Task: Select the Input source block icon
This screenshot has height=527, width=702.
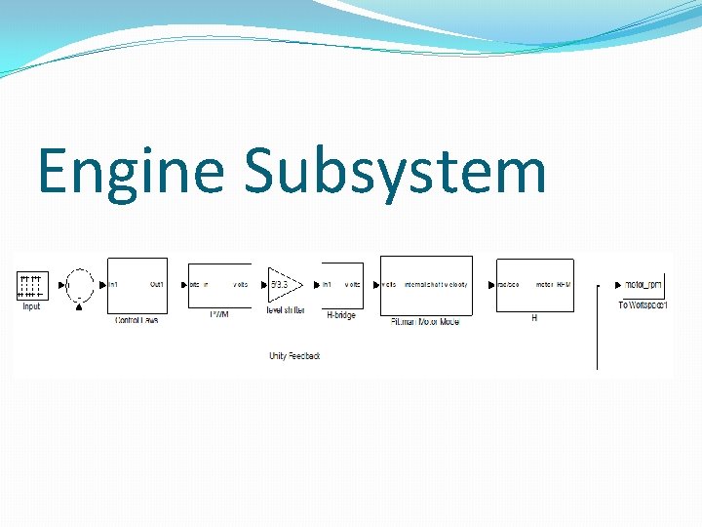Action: (x=31, y=285)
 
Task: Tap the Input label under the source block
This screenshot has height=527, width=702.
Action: (x=31, y=306)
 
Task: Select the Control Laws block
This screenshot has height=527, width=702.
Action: (x=136, y=285)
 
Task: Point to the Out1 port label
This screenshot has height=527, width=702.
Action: (x=156, y=285)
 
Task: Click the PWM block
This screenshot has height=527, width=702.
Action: (x=218, y=285)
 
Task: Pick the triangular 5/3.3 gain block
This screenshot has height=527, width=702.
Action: (x=283, y=285)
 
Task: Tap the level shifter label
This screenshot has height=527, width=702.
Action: (x=286, y=310)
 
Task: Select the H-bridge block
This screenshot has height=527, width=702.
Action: (x=341, y=285)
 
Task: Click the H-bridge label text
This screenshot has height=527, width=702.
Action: (x=342, y=315)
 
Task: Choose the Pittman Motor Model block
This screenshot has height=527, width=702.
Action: (x=425, y=285)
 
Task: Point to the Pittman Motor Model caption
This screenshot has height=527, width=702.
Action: (x=424, y=320)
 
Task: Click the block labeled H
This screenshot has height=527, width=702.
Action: (x=534, y=285)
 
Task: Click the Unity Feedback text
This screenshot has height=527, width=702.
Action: (x=294, y=355)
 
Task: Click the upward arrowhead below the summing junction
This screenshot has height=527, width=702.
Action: (x=79, y=308)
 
